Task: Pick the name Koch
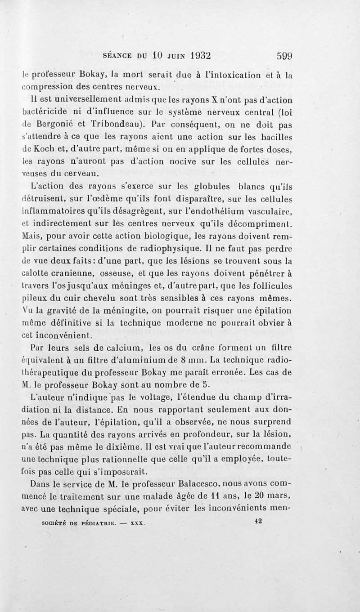(x=44, y=150)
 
